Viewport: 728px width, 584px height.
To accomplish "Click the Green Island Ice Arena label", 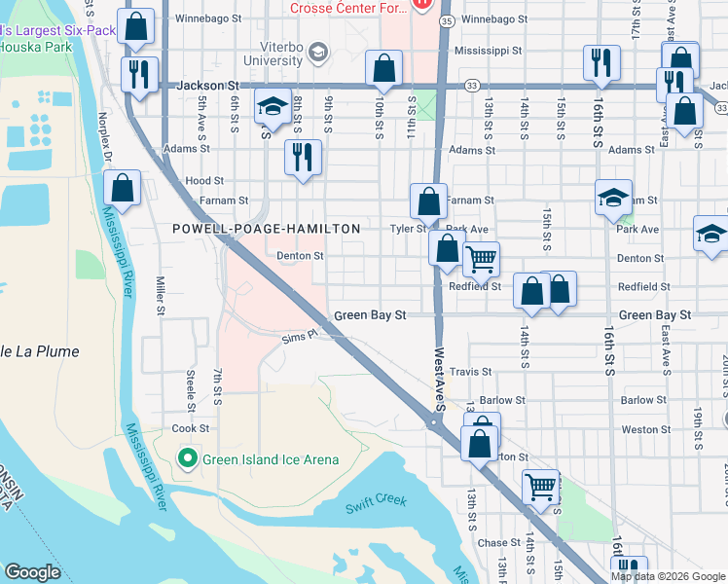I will point(271,459).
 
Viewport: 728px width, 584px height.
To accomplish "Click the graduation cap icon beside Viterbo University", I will point(317,51).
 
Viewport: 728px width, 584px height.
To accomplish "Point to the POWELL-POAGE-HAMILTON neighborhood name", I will point(266,229).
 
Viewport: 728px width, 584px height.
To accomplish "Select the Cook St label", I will point(190,428).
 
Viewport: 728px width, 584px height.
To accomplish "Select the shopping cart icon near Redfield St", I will point(481,259).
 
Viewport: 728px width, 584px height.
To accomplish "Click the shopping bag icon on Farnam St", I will point(428,201).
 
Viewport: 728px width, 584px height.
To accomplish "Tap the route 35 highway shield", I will point(446,19).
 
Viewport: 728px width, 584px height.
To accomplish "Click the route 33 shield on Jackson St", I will point(471,86).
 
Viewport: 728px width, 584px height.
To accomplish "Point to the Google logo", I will point(33,572).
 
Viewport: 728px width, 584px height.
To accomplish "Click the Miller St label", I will point(161,296).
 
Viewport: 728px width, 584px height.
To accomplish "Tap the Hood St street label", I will point(204,181).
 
